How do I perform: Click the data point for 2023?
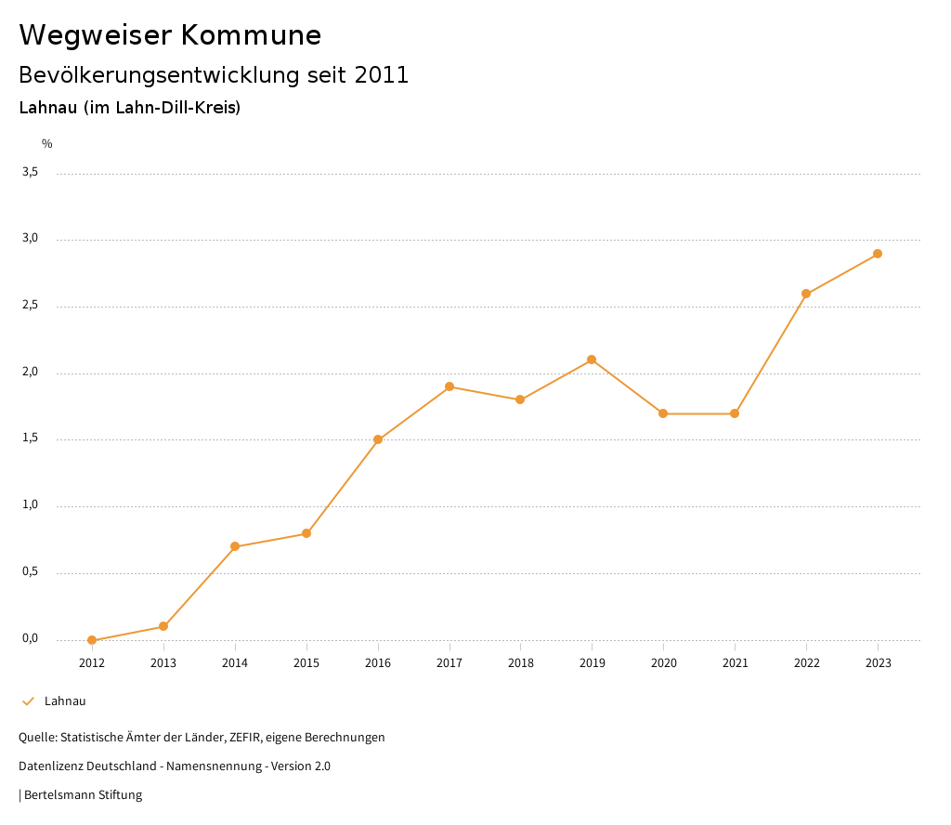coord(878,254)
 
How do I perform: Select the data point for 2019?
coord(592,360)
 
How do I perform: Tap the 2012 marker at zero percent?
coord(92,640)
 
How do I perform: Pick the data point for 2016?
coord(378,439)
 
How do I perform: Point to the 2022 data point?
coord(806,294)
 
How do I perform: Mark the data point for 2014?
coord(235,546)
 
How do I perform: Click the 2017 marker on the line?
coord(449,386)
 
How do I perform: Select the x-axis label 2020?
coord(663,662)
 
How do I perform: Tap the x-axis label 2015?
coord(306,662)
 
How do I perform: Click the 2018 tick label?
coord(520,662)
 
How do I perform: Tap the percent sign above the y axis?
coord(47,144)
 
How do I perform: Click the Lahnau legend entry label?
coord(65,701)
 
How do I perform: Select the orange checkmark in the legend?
coord(28,701)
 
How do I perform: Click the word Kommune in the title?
coord(252,35)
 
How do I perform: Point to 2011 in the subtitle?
coord(382,75)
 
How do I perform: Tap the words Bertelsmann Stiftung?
coord(83,795)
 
